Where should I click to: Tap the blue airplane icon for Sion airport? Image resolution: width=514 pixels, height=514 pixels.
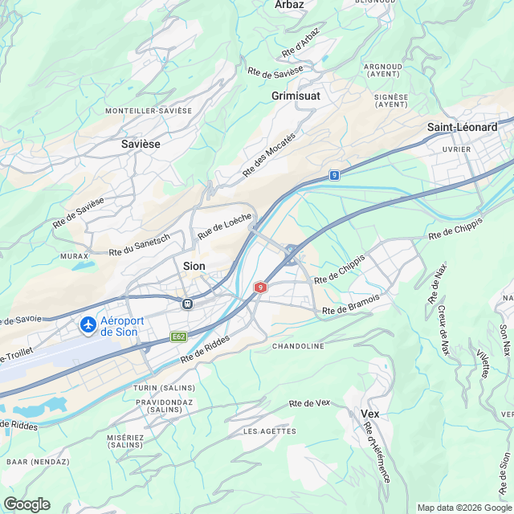click(x=88, y=326)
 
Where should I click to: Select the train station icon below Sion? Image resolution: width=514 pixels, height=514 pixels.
click(x=187, y=304)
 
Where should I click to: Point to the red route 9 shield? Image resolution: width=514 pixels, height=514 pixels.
click(x=260, y=287)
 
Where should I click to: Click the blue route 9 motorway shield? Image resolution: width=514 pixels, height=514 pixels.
click(x=333, y=174)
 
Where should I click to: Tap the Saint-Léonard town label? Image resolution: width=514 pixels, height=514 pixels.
click(x=462, y=128)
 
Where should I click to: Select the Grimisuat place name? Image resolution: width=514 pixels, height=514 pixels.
click(x=296, y=96)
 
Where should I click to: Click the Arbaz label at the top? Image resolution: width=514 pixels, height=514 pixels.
click(x=288, y=5)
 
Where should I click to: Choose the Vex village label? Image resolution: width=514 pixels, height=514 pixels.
click(x=369, y=414)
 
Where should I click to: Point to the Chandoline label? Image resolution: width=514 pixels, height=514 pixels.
click(x=298, y=346)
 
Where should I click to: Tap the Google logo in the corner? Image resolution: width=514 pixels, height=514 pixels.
click(x=27, y=504)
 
